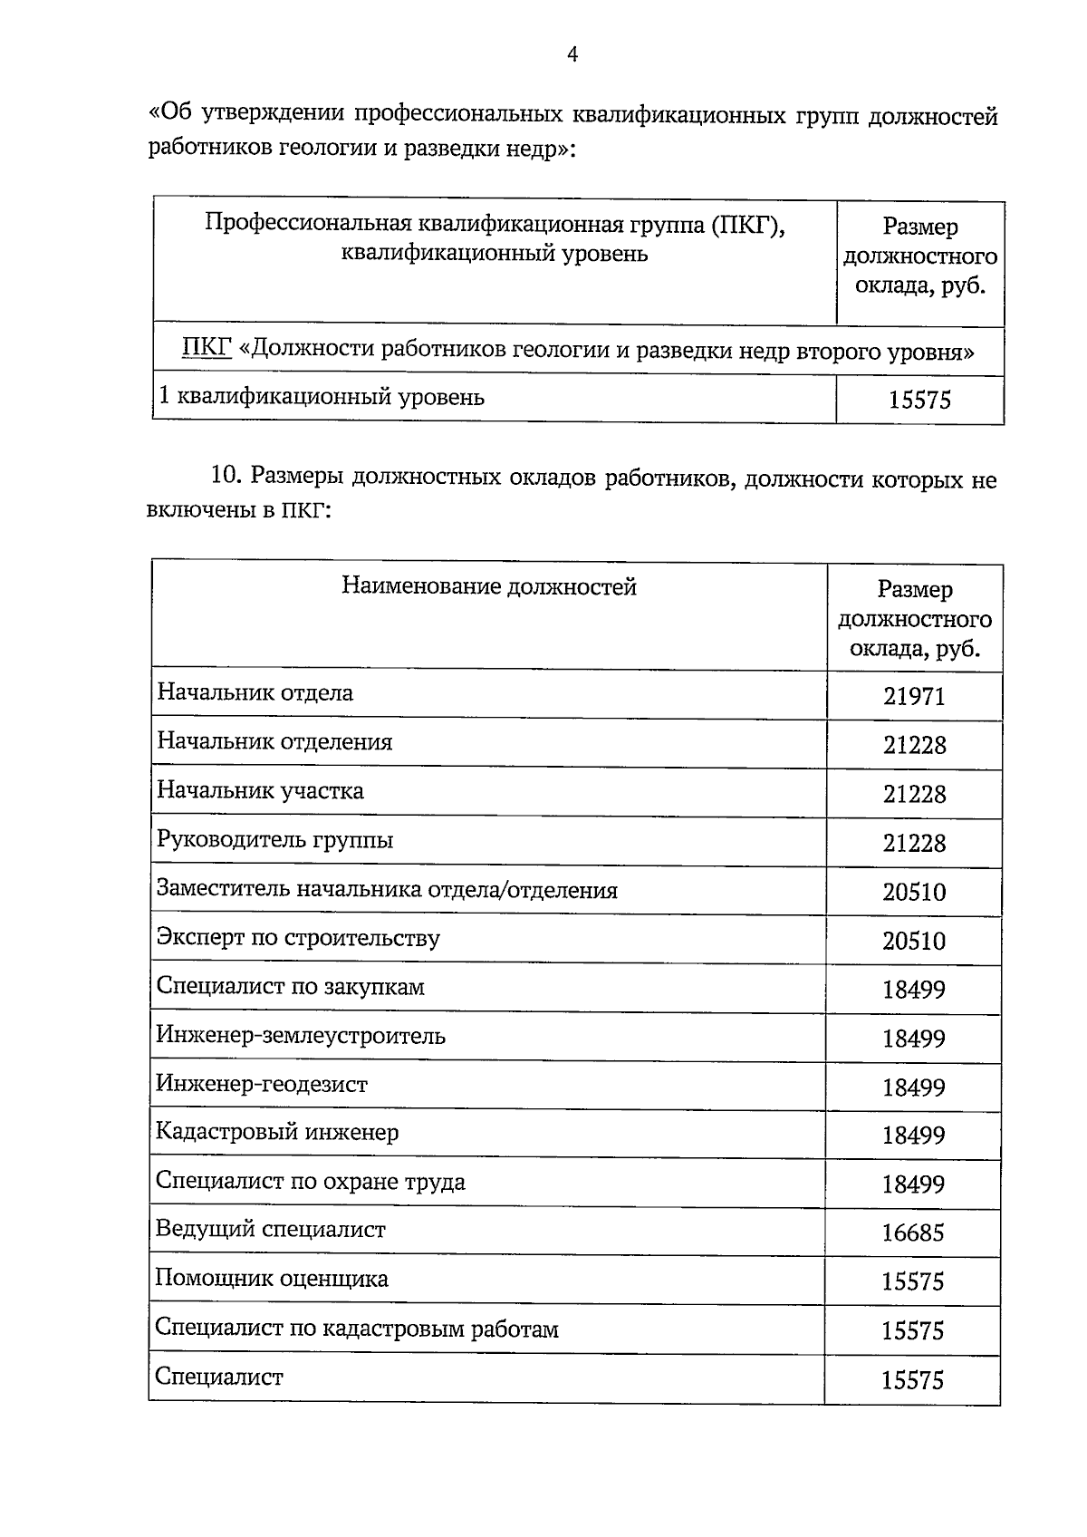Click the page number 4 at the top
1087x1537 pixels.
pyautogui.click(x=572, y=55)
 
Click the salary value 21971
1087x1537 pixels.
pyautogui.click(x=914, y=696)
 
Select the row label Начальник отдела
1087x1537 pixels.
pyautogui.click(x=255, y=693)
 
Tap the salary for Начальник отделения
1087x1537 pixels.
pyautogui.click(x=914, y=745)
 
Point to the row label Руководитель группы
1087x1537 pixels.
pyautogui.click(x=274, y=840)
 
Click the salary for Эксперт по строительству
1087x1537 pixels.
pyautogui.click(x=914, y=941)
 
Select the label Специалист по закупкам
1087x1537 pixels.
pyautogui.click(x=290, y=986)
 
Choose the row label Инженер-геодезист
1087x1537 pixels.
pyautogui.click(x=262, y=1084)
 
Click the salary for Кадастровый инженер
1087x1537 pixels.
pyautogui.click(x=914, y=1136)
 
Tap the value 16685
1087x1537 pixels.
pyautogui.click(x=913, y=1232)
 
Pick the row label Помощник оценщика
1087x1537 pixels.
pyautogui.click(x=272, y=1279)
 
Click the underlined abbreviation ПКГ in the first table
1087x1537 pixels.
pyautogui.click(x=207, y=350)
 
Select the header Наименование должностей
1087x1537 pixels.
pyautogui.click(x=489, y=587)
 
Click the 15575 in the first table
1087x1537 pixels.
pyautogui.click(x=919, y=400)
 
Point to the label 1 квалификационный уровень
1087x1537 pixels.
pyautogui.click(x=322, y=397)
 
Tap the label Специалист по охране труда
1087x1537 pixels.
pyautogui.click(x=310, y=1182)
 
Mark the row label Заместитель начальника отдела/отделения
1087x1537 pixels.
pyautogui.click(x=387, y=890)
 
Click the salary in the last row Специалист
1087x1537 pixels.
pyautogui.click(x=912, y=1380)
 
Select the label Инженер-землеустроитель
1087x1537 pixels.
pyautogui.click(x=300, y=1035)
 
